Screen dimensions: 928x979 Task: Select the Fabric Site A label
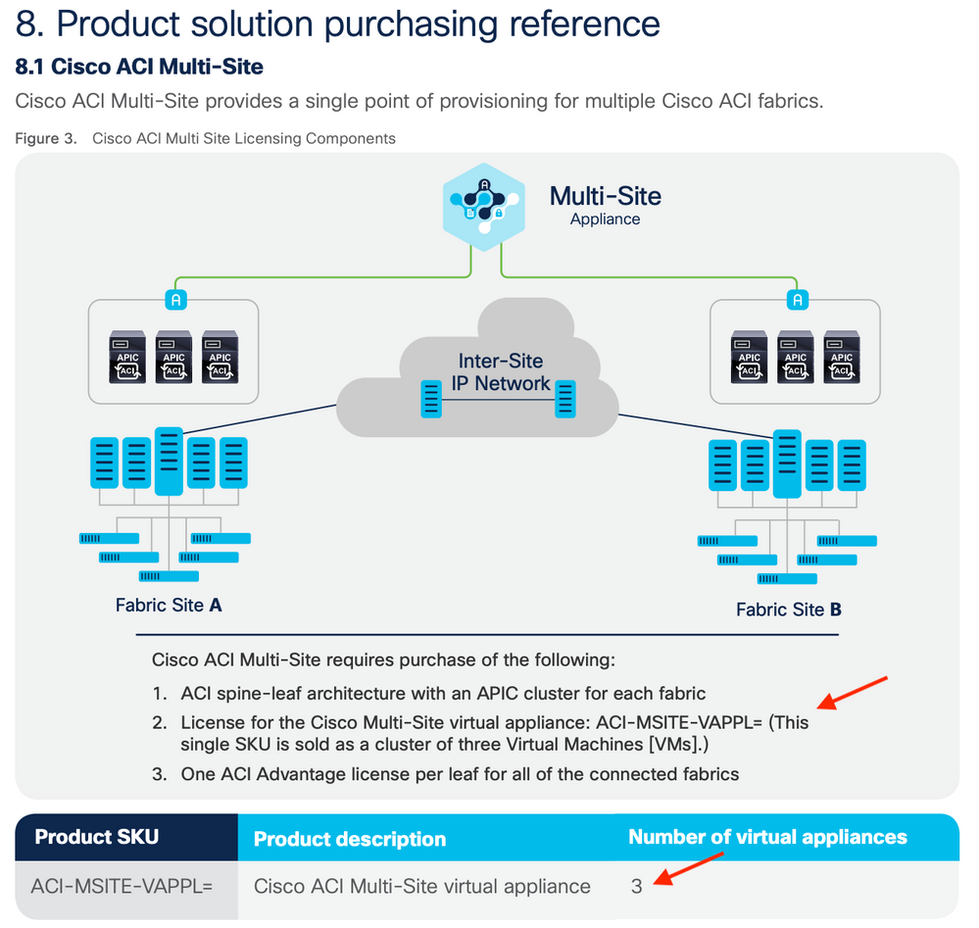169,605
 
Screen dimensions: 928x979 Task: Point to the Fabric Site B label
788,610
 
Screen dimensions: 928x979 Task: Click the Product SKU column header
96,837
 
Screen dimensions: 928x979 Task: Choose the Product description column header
350,839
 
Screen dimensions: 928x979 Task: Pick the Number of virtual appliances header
767,837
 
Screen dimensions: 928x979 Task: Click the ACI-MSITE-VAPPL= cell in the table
122,886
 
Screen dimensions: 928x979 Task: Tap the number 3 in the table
637,886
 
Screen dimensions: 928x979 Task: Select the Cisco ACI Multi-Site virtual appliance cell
422,886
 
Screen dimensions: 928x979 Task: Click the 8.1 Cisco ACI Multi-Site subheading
139,67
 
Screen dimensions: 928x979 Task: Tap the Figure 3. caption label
46,138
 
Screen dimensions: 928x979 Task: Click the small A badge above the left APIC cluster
174,299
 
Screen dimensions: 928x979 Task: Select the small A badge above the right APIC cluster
798,299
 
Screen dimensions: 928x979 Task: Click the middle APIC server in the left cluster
173,356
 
